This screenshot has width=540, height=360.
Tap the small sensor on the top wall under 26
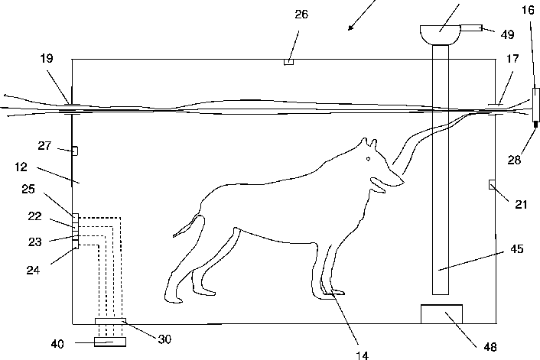(x=288, y=62)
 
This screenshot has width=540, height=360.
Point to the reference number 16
(x=528, y=10)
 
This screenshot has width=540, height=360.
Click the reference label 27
(x=44, y=145)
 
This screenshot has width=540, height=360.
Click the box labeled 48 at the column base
(x=442, y=314)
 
